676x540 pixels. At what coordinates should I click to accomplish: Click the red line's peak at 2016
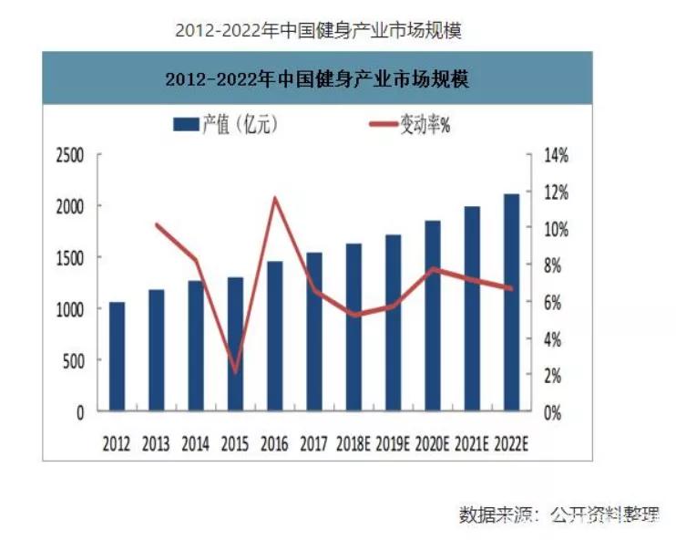click(275, 198)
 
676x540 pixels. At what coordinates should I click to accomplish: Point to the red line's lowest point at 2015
click(235, 372)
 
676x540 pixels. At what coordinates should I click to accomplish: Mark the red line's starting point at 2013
click(157, 224)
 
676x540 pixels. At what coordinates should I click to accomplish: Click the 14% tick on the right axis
click(555, 156)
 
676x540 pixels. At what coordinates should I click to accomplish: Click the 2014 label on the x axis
click(195, 444)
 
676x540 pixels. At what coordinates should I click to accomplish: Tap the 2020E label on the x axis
click(433, 444)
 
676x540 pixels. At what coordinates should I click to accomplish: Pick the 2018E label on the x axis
click(353, 444)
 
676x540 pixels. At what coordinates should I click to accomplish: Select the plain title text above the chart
click(319, 30)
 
